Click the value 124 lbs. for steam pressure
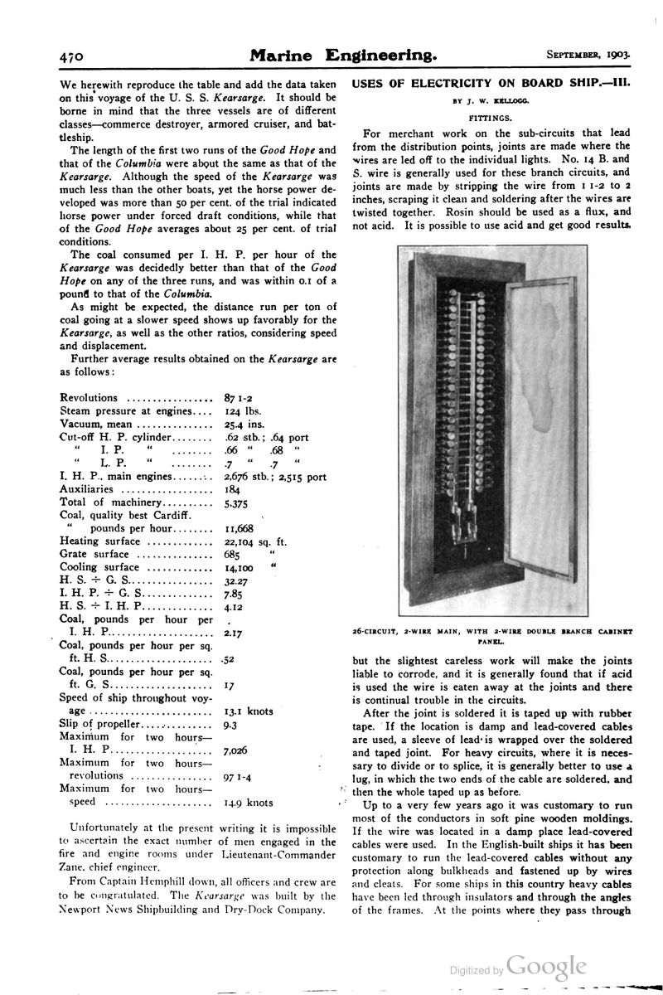pyautogui.click(x=243, y=411)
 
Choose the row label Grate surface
pyautogui.click(x=94, y=554)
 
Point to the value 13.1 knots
pyautogui.click(x=249, y=711)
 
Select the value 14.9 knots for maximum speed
pyautogui.click(x=249, y=803)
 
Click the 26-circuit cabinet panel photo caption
pyautogui.click(x=493, y=636)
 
